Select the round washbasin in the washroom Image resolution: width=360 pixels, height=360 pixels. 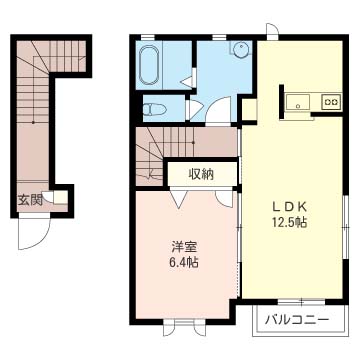click(x=241, y=52)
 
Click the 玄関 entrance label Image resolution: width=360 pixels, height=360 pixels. click(x=30, y=199)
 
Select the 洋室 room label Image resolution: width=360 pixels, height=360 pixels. click(x=183, y=246)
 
